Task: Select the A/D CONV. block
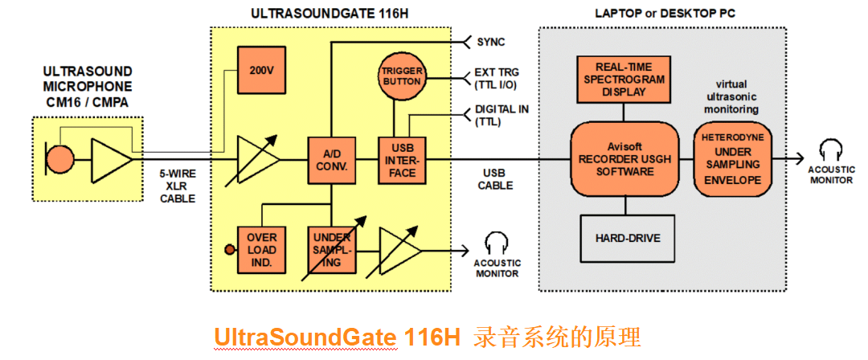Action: tap(330, 161)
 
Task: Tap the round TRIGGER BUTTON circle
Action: tap(401, 77)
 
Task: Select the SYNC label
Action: tap(491, 42)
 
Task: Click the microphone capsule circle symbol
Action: tap(59, 158)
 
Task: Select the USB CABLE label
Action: tap(493, 179)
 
